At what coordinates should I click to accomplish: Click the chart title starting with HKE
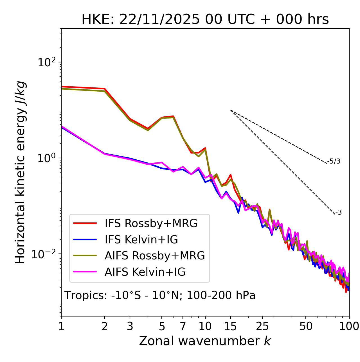205,19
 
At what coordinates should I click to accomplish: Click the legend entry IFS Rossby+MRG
151,223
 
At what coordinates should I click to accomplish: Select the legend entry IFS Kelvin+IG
141,240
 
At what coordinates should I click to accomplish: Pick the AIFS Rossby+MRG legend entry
155,256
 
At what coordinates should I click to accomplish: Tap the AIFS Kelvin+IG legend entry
145,272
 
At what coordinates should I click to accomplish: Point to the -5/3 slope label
334,161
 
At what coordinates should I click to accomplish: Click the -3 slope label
338,213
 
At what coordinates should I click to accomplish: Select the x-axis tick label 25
262,326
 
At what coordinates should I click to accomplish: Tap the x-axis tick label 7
183,326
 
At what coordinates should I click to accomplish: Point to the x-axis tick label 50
306,326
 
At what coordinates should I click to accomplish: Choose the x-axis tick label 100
349,326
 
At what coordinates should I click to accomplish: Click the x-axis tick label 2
105,326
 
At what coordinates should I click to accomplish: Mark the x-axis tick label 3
130,326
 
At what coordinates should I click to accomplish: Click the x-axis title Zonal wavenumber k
205,341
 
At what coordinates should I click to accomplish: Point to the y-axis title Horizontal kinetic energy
20,172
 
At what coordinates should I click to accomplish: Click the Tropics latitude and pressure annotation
160,295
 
